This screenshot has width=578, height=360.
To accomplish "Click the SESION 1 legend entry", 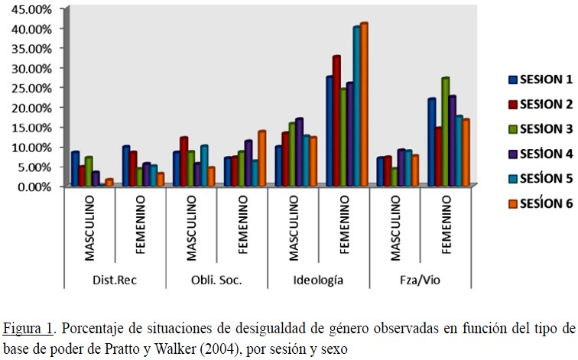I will click(x=540, y=79).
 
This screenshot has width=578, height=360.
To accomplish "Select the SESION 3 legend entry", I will click(x=540, y=128).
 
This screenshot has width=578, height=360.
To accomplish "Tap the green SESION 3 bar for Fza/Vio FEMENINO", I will click(x=445, y=131).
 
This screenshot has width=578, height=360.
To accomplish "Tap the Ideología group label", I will click(x=317, y=280).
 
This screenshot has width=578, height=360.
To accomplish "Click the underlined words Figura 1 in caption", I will click(x=27, y=329).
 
